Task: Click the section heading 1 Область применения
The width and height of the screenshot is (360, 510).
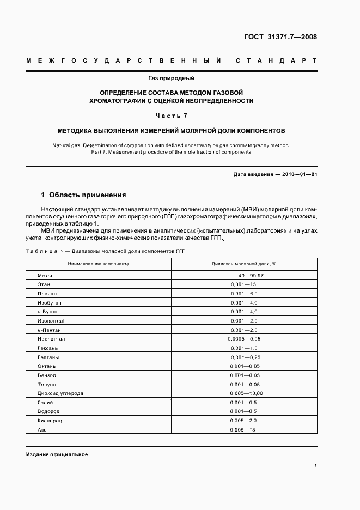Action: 84,195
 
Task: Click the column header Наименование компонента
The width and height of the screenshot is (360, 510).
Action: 98,264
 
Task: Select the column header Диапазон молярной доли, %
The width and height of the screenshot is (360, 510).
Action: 243,264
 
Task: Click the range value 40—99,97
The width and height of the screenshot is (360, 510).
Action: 247,276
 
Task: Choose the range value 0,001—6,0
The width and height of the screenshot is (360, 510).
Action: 243,294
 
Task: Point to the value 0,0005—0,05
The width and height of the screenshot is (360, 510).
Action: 244,339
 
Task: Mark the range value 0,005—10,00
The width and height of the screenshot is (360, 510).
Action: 246,393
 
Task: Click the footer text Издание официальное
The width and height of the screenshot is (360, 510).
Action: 57,454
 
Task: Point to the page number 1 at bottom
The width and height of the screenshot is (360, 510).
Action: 315,465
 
